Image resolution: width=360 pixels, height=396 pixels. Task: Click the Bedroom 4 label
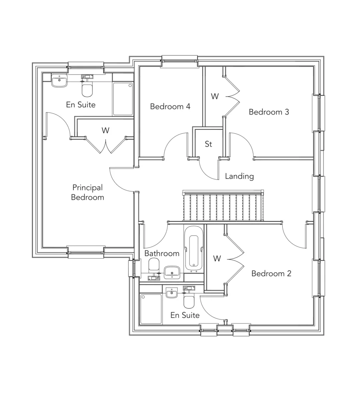170,107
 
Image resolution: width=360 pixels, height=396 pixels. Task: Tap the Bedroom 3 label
269,112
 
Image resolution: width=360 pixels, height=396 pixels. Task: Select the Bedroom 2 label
271,273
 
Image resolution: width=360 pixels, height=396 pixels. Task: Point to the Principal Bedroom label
87,192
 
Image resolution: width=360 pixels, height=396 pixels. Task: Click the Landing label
239,176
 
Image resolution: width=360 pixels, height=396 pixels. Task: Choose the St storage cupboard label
208,144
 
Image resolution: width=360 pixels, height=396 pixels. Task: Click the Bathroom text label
162,253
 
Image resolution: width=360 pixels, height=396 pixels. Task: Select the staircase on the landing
223,206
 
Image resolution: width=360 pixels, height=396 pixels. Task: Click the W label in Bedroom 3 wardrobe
215,96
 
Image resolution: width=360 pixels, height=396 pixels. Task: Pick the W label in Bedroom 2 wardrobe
217,259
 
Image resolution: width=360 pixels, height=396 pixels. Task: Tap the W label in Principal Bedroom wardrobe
105,130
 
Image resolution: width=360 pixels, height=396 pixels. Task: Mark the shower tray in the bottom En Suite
151,309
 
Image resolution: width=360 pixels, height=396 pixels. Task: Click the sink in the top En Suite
60,81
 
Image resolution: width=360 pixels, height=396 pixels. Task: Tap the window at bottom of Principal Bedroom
86,251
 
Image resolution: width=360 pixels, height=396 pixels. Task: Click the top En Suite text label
81,105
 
